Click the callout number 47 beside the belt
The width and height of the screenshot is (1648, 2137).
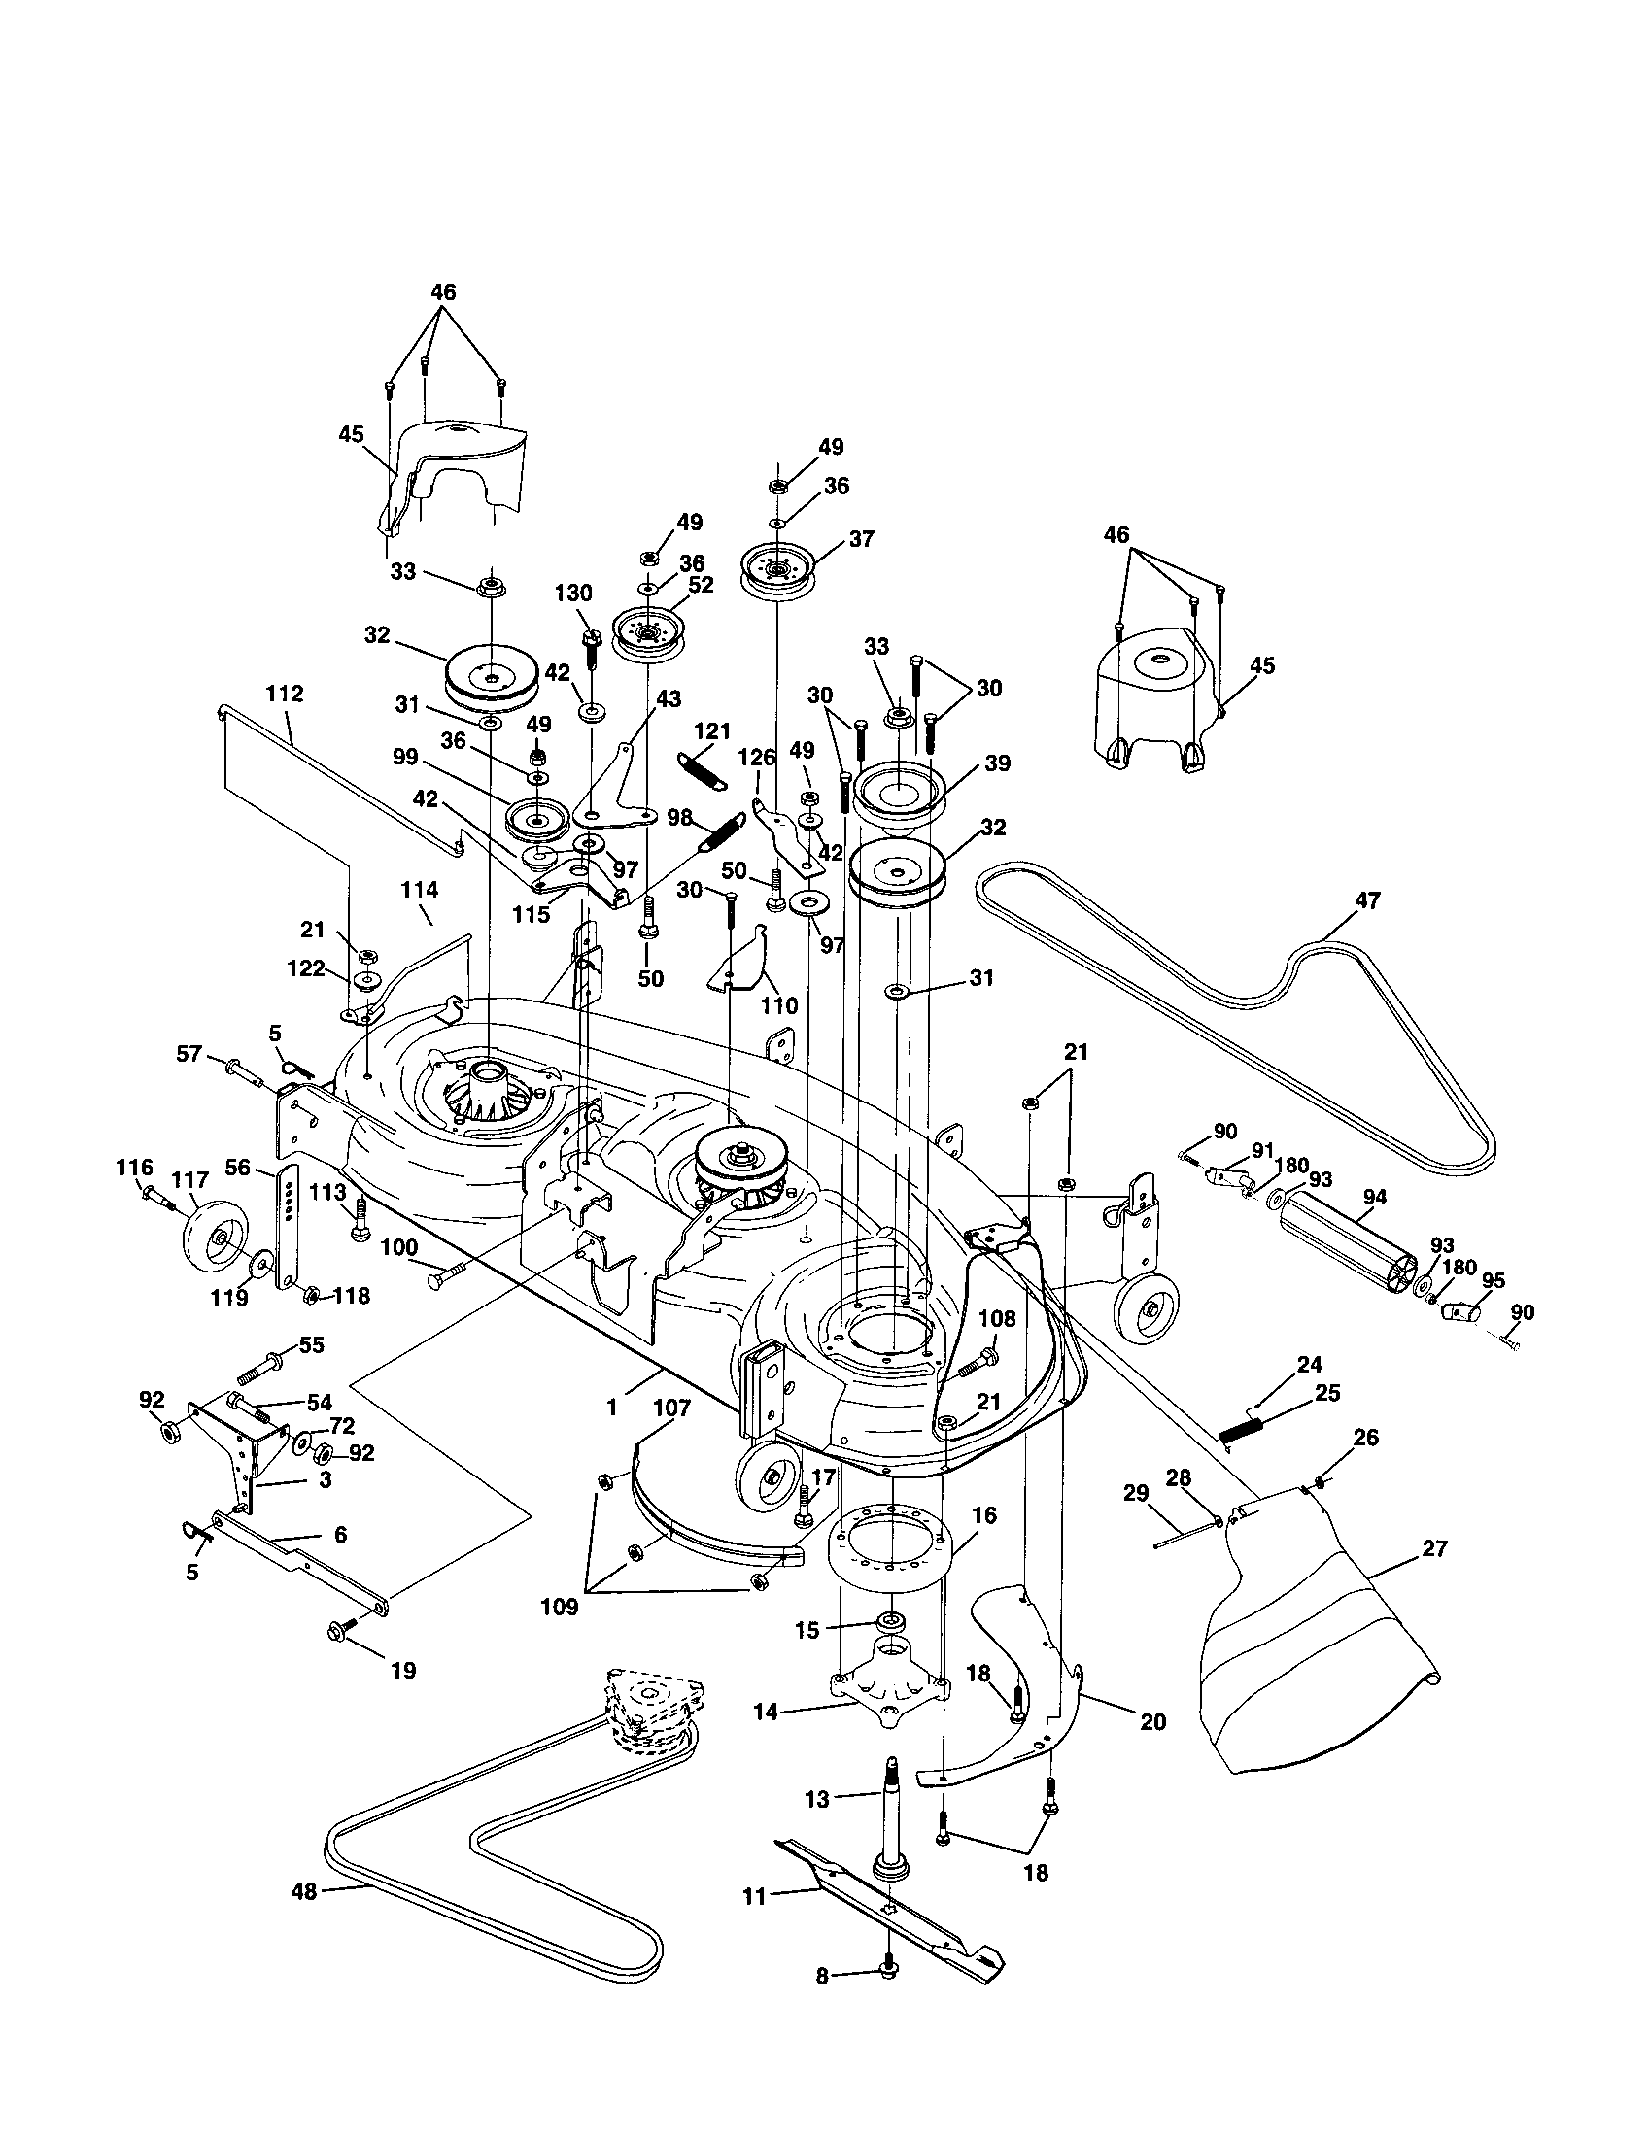tap(1366, 899)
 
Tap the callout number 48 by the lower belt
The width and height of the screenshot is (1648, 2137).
tap(304, 1891)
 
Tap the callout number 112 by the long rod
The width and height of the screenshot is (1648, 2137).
tap(284, 694)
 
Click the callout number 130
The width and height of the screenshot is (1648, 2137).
tap(573, 592)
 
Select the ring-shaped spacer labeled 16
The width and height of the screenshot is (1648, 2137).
tap(891, 1552)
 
